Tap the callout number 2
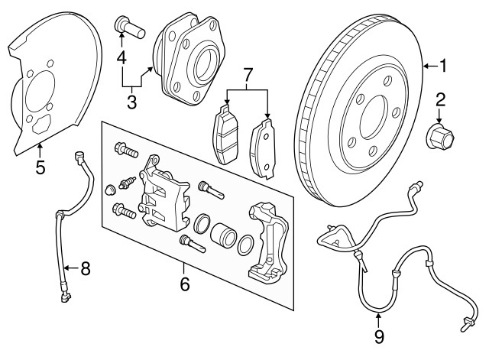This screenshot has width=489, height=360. (x=441, y=99)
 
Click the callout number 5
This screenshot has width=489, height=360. (x=40, y=165)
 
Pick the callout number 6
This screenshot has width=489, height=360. (x=184, y=285)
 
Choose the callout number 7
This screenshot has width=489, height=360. (x=246, y=74)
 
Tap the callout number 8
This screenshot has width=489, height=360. (x=85, y=268)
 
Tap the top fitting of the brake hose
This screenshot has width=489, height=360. (x=77, y=159)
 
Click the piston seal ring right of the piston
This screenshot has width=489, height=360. (x=247, y=245)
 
